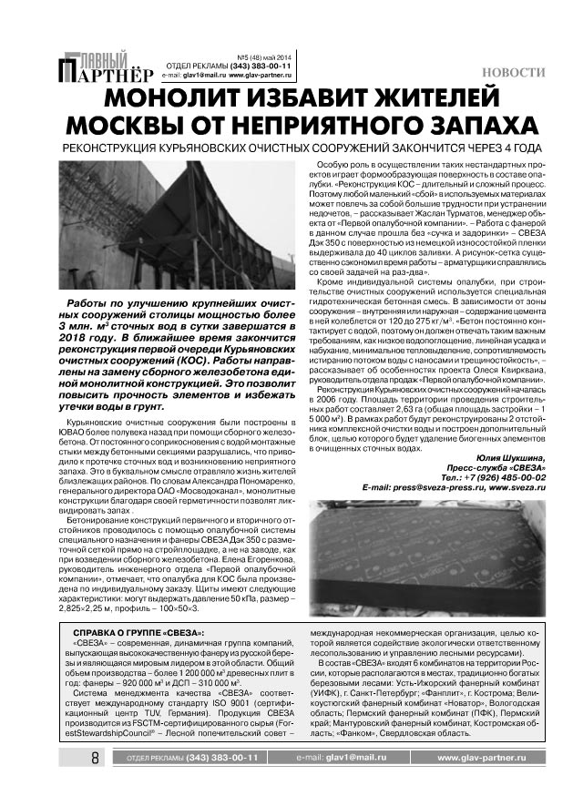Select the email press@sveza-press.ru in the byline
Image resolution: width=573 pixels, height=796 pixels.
[x=424, y=487]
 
